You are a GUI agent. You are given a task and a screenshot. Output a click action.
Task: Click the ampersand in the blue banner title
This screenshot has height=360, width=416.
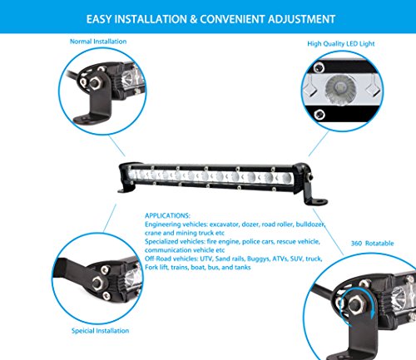(x=193, y=19)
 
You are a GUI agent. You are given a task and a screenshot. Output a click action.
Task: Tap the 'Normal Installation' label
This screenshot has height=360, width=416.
(x=98, y=42)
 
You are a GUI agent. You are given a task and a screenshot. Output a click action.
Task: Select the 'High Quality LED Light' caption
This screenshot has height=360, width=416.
(x=341, y=44)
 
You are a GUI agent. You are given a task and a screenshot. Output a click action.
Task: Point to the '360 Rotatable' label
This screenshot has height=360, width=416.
(x=372, y=244)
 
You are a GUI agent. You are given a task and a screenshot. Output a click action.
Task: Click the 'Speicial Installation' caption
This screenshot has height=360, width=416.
(x=100, y=331)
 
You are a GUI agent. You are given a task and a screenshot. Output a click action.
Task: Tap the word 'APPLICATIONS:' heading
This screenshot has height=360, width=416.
(x=167, y=215)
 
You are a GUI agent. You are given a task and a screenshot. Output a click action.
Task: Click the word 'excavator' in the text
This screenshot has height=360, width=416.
(x=224, y=224)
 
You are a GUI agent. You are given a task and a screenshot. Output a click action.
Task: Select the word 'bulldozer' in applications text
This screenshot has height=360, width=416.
(x=310, y=224)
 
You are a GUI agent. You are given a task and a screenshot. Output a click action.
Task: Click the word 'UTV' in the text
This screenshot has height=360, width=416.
(x=206, y=259)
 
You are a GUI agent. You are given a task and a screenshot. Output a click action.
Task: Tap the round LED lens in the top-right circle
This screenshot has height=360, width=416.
(x=340, y=90)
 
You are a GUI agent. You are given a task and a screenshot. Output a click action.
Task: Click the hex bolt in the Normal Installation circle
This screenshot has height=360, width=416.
(x=95, y=82)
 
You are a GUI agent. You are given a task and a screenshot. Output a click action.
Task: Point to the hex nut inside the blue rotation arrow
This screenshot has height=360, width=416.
(x=355, y=305)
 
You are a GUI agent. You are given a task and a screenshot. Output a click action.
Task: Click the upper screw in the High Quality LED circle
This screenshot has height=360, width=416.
(x=319, y=67)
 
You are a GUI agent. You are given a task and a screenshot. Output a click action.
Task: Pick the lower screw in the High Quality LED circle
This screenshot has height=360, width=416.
(x=319, y=114)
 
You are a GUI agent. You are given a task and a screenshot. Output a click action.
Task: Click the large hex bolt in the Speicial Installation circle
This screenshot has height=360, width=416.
(x=97, y=283)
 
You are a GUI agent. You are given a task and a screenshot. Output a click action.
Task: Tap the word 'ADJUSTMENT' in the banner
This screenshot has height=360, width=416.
(x=301, y=19)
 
